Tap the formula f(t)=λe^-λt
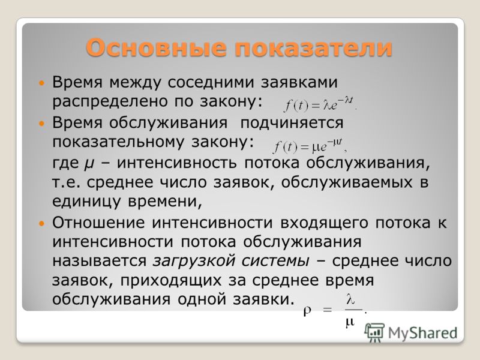point(320,104)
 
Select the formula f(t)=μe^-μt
point(310,146)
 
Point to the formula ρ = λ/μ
point(335,310)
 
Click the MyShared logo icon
point(374,332)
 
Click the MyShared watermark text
point(422,333)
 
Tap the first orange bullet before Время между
point(41,83)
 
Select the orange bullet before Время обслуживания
point(41,124)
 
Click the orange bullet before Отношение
point(41,223)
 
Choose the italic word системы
point(275,261)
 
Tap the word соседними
point(211,82)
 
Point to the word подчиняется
point(292,124)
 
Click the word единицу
point(86,202)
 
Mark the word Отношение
point(98,223)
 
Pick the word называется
point(99,261)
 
